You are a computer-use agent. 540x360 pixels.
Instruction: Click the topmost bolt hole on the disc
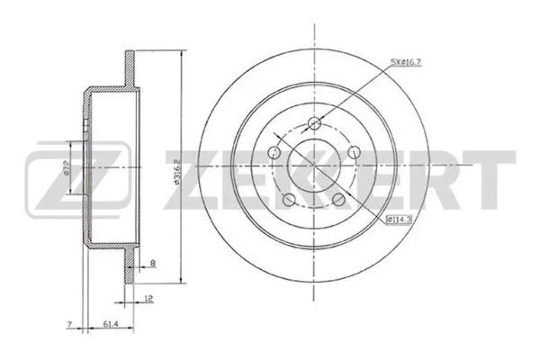click(x=314, y=123)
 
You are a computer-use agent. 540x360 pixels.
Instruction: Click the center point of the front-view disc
click(x=314, y=167)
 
